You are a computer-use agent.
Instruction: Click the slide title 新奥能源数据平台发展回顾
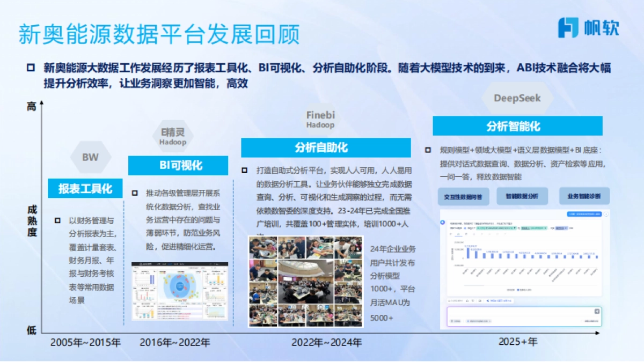pyautogui.click(x=159, y=34)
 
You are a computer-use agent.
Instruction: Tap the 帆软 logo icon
pyautogui.click(x=568, y=27)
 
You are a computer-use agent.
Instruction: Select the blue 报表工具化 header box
pyautogui.click(x=85, y=188)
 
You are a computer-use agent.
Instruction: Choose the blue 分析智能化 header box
pyautogui.click(x=517, y=126)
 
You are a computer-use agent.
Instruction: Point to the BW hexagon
pyautogui.click(x=90, y=158)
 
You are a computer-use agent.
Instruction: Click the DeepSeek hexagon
pyautogui.click(x=517, y=98)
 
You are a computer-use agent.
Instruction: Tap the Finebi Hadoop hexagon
pyautogui.click(x=320, y=120)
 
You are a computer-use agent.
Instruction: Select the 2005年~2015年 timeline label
pyautogui.click(x=86, y=342)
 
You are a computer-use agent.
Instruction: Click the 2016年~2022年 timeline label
pyautogui.click(x=175, y=342)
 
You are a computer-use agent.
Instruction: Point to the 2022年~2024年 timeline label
pyautogui.click(x=327, y=342)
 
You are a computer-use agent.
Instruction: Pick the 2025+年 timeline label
pyautogui.click(x=517, y=342)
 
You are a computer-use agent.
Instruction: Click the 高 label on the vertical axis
pyautogui.click(x=32, y=107)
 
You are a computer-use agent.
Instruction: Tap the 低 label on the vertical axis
pyautogui.click(x=32, y=330)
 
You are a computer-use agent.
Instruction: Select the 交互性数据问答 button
pyautogui.click(x=463, y=196)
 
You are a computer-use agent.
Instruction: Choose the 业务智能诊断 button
pyautogui.click(x=584, y=196)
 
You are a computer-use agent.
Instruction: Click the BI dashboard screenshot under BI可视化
pyautogui.click(x=180, y=291)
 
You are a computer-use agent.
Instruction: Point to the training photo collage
pyautogui.click(x=305, y=282)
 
